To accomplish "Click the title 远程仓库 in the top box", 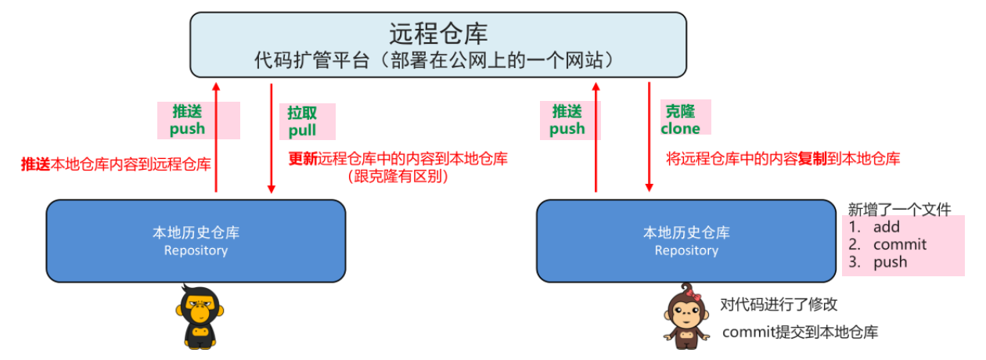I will pos(438,34).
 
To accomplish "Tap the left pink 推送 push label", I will pos(188,120).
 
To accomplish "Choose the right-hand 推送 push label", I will pos(567,120).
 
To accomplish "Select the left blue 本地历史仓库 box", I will pos(196,240).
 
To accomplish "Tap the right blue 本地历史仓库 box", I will pos(686,240).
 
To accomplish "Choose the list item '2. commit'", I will pos(887,244).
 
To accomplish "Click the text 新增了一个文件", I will pos(899,209).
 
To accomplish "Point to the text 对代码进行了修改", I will pos(779,305).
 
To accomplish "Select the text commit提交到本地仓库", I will pos(800,332).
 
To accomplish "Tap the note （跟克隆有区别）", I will pos(398,176).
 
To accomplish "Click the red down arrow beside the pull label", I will pos(271,137).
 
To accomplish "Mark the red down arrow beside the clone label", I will pos(649,137).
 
